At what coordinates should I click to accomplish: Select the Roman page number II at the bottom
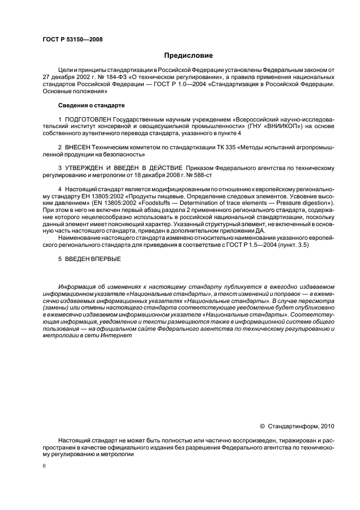pos(44,466)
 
